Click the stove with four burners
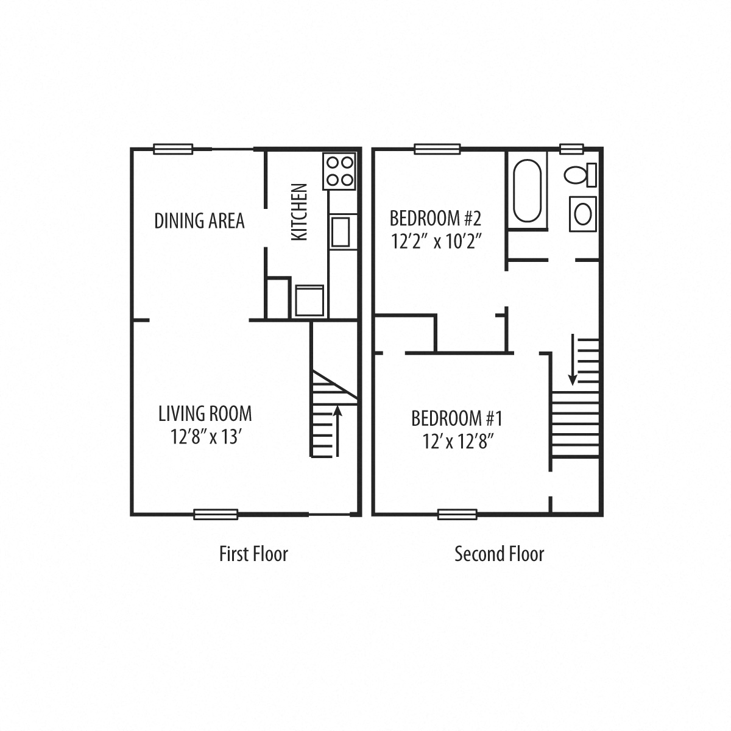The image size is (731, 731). [339, 171]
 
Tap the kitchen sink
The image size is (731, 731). [343, 231]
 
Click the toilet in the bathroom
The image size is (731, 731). [581, 175]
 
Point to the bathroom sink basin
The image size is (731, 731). [583, 213]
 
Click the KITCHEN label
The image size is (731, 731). [299, 212]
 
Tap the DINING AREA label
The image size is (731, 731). [199, 221]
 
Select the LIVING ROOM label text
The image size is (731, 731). [205, 414]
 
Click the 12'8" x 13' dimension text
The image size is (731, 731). [207, 437]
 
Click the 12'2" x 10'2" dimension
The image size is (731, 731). [436, 241]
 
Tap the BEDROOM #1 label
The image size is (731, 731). [456, 418]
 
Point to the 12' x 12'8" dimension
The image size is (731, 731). [457, 442]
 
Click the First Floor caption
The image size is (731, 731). [253, 554]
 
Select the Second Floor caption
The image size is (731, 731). [499, 554]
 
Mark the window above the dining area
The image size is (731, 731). [173, 149]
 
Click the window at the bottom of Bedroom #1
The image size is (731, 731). [457, 514]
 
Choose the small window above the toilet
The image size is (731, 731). [571, 148]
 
